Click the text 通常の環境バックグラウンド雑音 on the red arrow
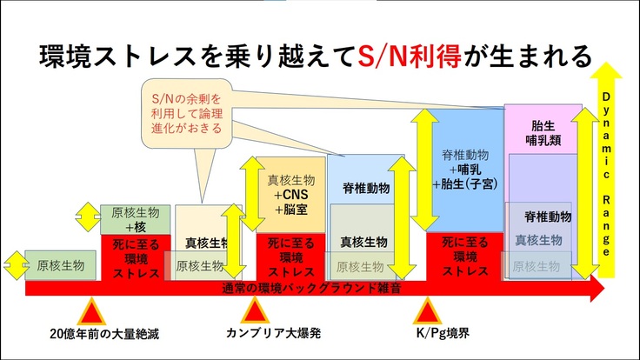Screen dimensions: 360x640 [311, 288]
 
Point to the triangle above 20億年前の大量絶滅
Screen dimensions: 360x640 [91, 310]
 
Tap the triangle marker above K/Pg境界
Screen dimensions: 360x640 [427, 310]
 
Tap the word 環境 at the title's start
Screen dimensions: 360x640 [61, 57]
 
